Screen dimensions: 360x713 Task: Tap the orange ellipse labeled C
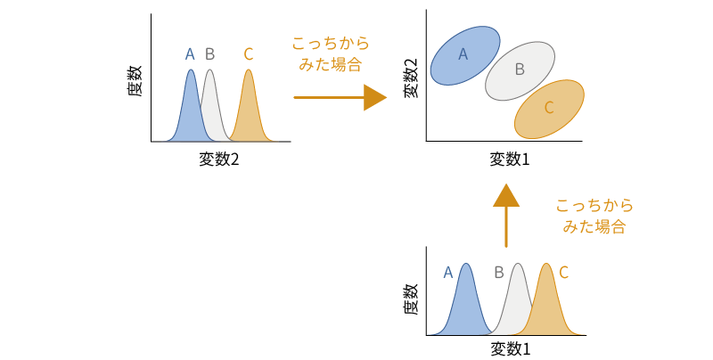pyautogui.click(x=549, y=108)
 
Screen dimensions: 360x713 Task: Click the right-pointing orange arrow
pyautogui.click(x=339, y=96)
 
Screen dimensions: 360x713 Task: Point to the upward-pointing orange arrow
pyautogui.click(x=505, y=215)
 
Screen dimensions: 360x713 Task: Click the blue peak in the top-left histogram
pyautogui.click(x=190, y=107)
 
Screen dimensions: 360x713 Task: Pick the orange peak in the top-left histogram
pyautogui.click(x=249, y=107)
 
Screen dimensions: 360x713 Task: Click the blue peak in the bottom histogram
pyautogui.click(x=464, y=303)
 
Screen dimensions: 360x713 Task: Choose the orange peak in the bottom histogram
pyautogui.click(x=548, y=303)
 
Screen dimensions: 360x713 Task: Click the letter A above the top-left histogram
pyautogui.click(x=190, y=54)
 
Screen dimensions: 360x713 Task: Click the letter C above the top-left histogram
pyautogui.click(x=248, y=54)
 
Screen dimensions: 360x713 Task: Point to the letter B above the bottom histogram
pyautogui.click(x=499, y=273)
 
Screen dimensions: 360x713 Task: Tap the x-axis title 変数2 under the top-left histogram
pyautogui.click(x=219, y=160)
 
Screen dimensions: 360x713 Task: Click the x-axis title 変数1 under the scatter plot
pyautogui.click(x=510, y=160)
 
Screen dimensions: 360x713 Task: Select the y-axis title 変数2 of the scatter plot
pyautogui.click(x=411, y=78)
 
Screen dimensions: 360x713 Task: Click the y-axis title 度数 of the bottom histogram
pyautogui.click(x=411, y=299)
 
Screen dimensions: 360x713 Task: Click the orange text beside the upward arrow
pyautogui.click(x=594, y=216)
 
